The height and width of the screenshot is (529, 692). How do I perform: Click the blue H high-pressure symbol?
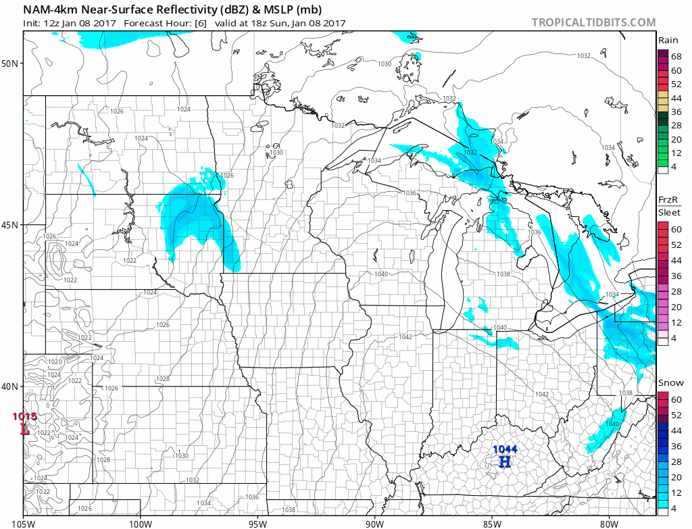coord(504,462)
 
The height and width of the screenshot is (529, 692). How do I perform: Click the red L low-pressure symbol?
coord(25,428)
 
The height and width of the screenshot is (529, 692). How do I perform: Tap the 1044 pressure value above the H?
coord(504,449)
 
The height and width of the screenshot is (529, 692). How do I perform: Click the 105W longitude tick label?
coord(24,522)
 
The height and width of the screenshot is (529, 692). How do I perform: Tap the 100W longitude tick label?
coord(141,522)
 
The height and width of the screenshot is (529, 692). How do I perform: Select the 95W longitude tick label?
coord(257,522)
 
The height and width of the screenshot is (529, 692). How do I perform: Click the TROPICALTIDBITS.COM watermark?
coord(593,22)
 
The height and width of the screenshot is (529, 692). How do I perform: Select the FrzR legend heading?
coord(668,200)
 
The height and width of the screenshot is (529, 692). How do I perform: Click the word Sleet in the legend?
coord(669,212)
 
